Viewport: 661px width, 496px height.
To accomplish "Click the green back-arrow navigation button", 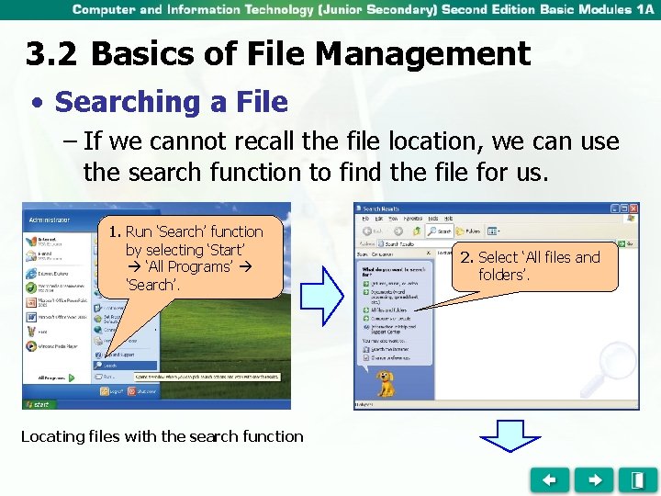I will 549,479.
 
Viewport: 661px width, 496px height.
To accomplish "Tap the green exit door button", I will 636,479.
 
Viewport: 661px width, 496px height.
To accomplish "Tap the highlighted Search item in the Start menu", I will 110,365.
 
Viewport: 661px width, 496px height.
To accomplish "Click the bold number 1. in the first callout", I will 115,231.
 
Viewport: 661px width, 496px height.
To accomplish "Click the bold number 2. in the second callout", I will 467,257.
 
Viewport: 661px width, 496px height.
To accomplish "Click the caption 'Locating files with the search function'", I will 162,436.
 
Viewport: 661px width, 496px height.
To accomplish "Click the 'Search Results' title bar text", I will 384,209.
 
